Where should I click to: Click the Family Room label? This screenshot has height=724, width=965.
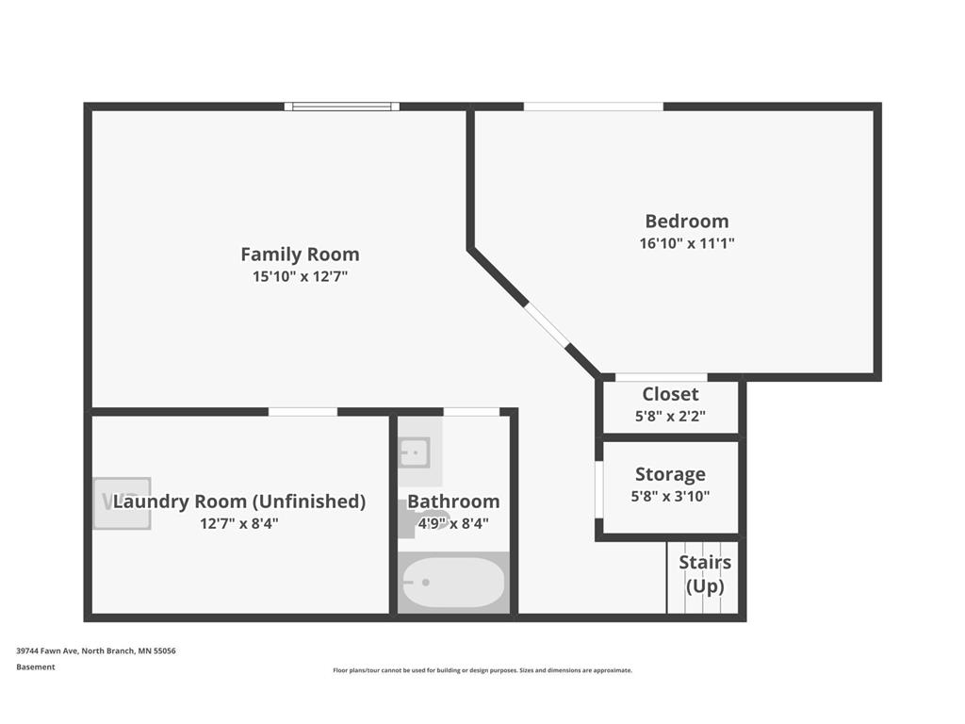pyautogui.click(x=300, y=255)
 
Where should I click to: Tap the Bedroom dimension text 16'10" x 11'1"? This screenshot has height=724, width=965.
pyautogui.click(x=687, y=243)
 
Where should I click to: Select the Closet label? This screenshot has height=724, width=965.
pyautogui.click(x=670, y=394)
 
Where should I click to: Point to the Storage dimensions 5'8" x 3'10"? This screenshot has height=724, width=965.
pyautogui.click(x=670, y=496)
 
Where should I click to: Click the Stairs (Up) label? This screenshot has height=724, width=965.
pyautogui.click(x=705, y=574)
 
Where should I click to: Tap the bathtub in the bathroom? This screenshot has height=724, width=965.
pyautogui.click(x=453, y=583)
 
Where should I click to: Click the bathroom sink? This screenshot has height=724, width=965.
pyautogui.click(x=415, y=453)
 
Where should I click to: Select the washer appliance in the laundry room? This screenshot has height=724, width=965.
pyautogui.click(x=122, y=503)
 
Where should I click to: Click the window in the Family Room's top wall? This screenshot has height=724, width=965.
pyautogui.click(x=341, y=107)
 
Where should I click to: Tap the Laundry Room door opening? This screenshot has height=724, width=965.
pyautogui.click(x=303, y=411)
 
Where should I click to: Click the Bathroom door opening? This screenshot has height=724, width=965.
pyautogui.click(x=471, y=411)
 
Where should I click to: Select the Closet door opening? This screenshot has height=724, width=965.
pyautogui.click(x=661, y=377)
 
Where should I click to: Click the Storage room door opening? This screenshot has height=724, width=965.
pyautogui.click(x=598, y=490)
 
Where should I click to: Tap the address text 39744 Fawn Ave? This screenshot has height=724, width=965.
pyautogui.click(x=47, y=650)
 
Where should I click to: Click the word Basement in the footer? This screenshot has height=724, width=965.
pyautogui.click(x=36, y=666)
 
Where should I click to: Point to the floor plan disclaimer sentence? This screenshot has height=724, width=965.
pyautogui.click(x=482, y=670)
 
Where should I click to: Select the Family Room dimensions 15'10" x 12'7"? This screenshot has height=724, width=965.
pyautogui.click(x=300, y=276)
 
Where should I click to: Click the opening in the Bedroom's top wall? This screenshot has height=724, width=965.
pyautogui.click(x=594, y=107)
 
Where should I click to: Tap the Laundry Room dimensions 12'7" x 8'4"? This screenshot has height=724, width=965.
pyautogui.click(x=238, y=524)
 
